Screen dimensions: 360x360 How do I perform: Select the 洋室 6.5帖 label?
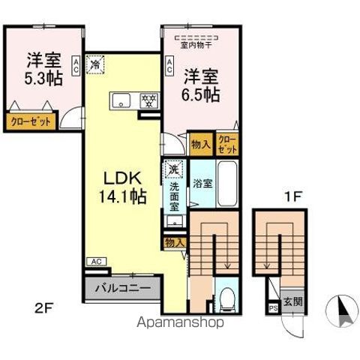[x=201, y=85]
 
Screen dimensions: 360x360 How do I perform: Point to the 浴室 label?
[x=200, y=182]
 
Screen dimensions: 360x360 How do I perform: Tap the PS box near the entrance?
[x=271, y=307]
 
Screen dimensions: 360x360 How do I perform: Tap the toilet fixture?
[x=227, y=300]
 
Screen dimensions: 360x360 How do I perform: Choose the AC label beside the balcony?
[x=96, y=261]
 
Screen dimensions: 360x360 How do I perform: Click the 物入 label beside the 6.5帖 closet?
[x=199, y=143]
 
